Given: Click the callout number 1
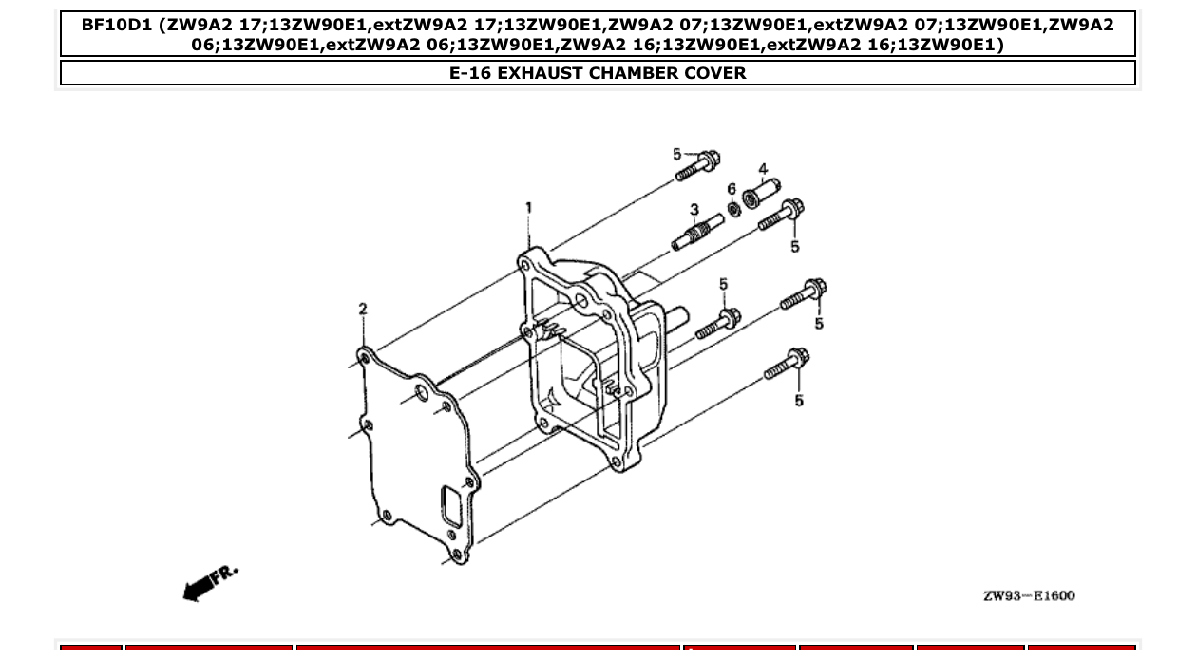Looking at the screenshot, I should pyautogui.click(x=528, y=207).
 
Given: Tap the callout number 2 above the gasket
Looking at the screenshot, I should pyautogui.click(x=362, y=309).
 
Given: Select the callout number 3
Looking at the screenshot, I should pyautogui.click(x=694, y=209).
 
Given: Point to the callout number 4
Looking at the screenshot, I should pyautogui.click(x=763, y=170).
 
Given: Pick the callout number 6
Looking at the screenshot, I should pyautogui.click(x=731, y=190).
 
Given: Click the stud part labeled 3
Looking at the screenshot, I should pyautogui.click(x=697, y=233).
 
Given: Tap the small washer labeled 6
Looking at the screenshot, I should pyautogui.click(x=733, y=208).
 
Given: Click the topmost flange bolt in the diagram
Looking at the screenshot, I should pyautogui.click(x=698, y=165).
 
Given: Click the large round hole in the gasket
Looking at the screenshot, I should pyautogui.click(x=420, y=393).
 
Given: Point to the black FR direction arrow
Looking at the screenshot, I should pyautogui.click(x=199, y=589).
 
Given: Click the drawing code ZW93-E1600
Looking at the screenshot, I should pyautogui.click(x=1029, y=595).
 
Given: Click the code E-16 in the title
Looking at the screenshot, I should pyautogui.click(x=471, y=73).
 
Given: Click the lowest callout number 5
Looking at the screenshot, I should pyautogui.click(x=799, y=401).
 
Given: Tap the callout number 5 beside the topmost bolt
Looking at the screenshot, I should pyautogui.click(x=677, y=154).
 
